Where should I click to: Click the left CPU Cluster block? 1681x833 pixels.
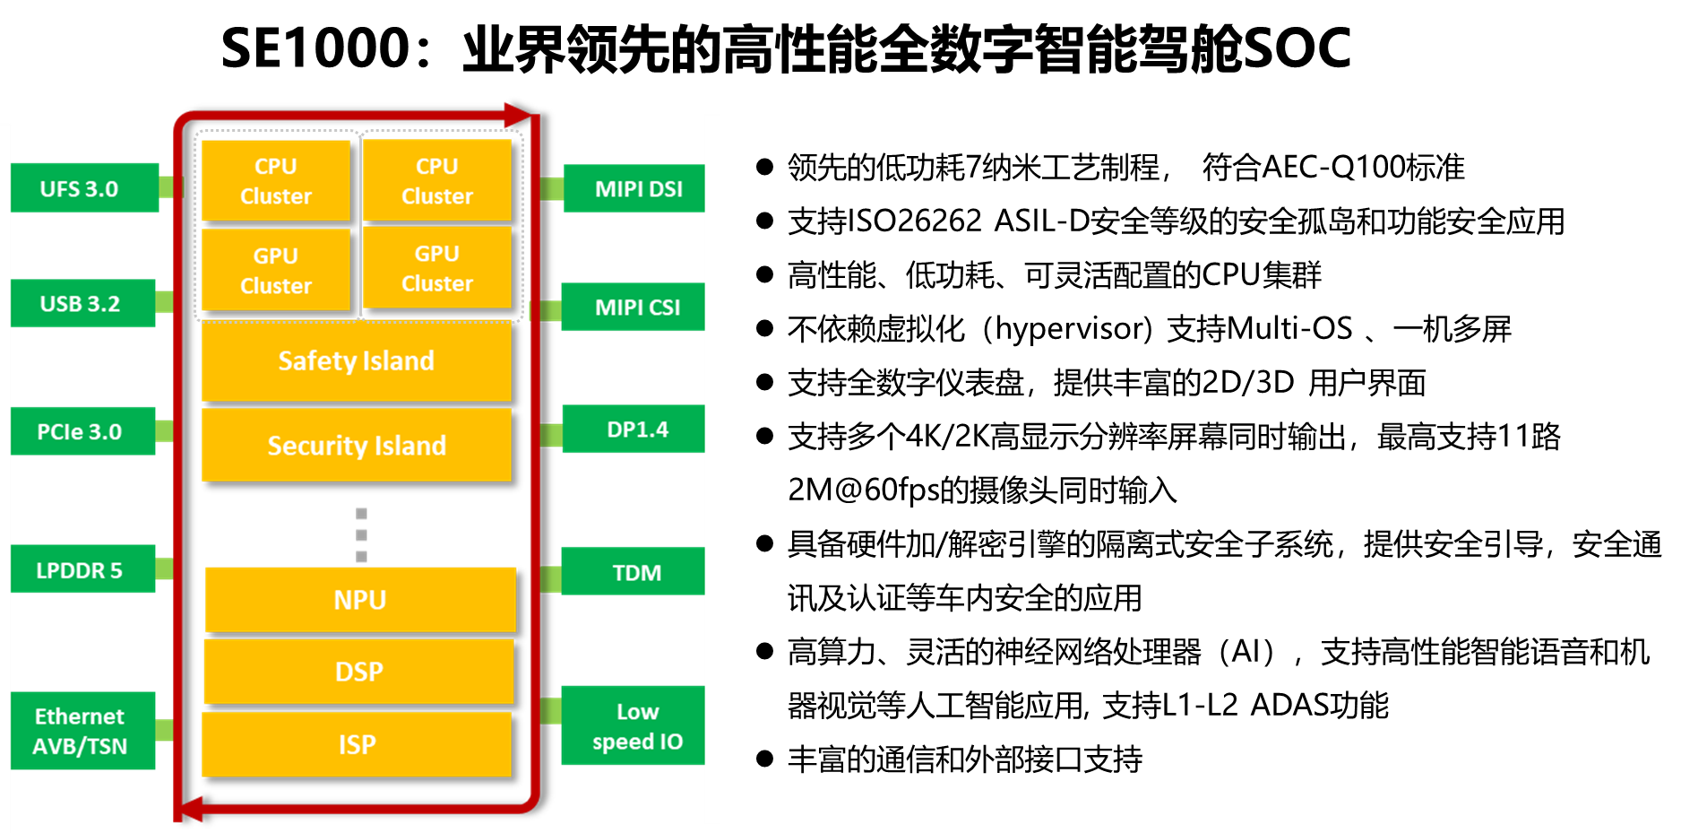point(275,180)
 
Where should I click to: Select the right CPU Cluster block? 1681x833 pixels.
point(436,180)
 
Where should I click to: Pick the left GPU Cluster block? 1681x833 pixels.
point(275,270)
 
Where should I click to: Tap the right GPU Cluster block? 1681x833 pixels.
point(436,268)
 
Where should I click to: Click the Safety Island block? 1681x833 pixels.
point(356,360)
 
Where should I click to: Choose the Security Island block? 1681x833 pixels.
point(356,445)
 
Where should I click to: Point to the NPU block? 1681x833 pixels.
point(360,599)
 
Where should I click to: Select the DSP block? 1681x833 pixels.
point(358,671)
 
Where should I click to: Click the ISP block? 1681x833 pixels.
point(356,744)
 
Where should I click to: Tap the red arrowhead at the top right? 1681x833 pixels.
point(517,115)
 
